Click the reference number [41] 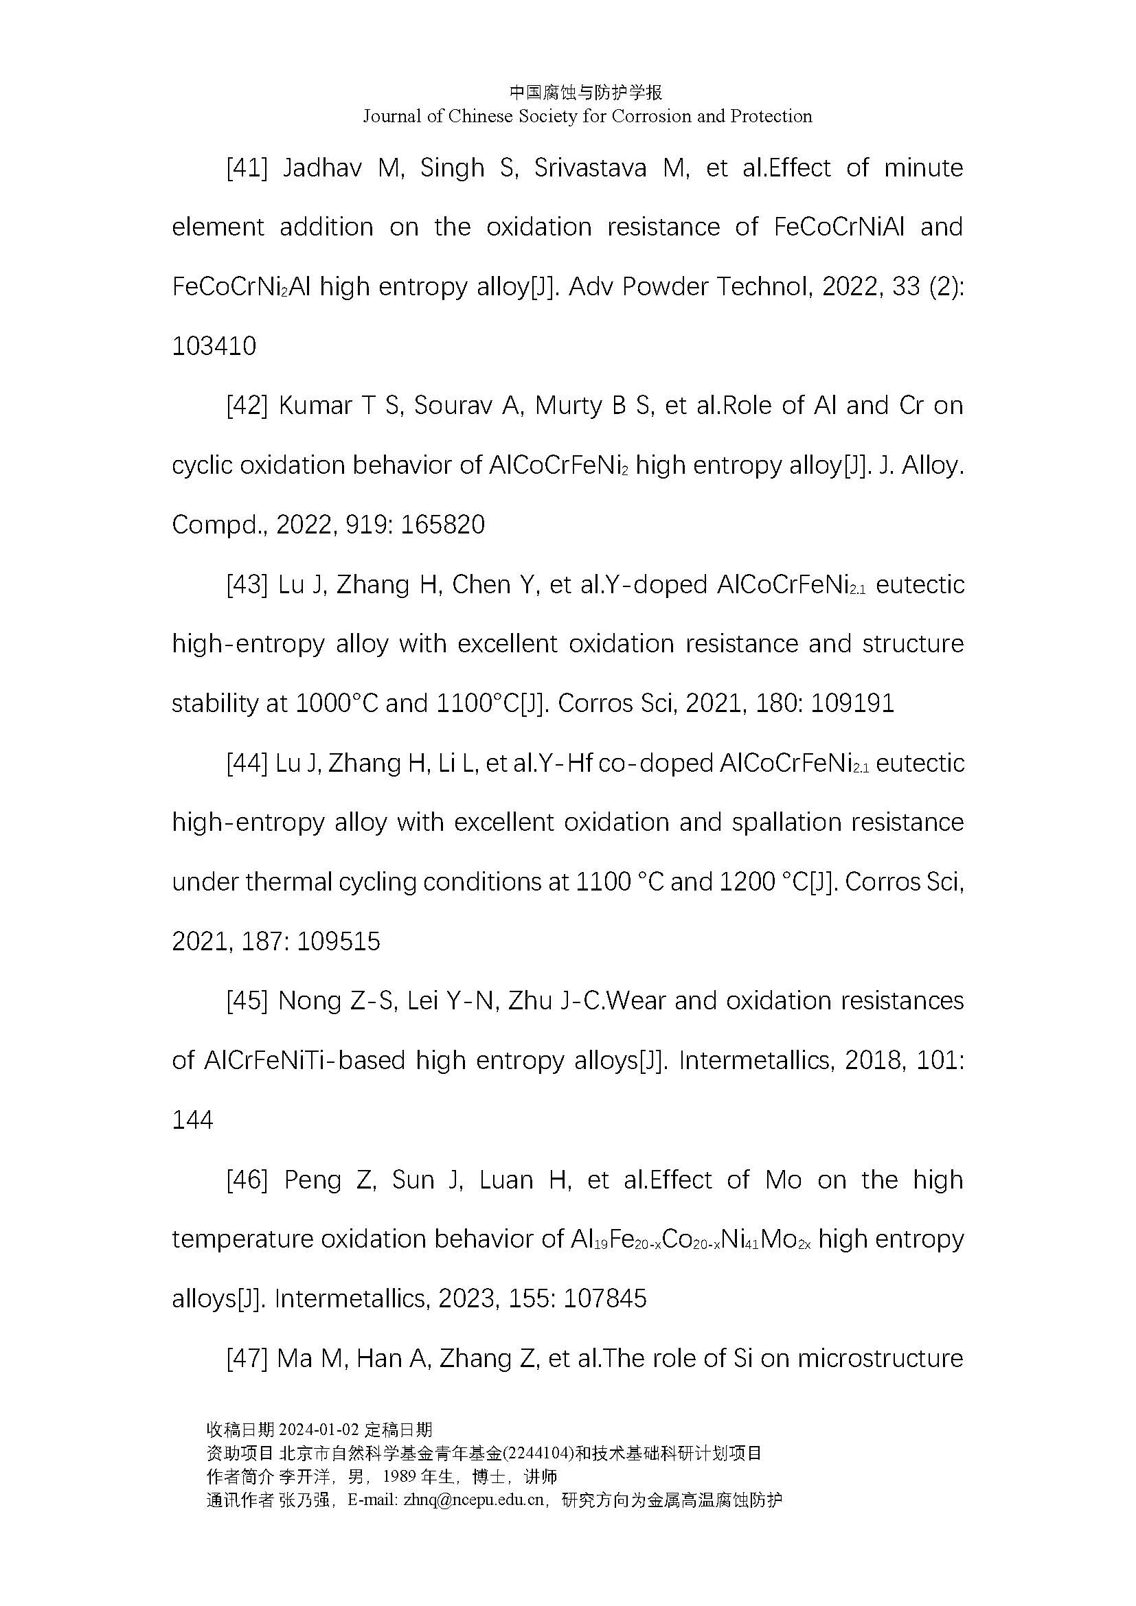(247, 169)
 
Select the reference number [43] (247, 585)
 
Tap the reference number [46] (247, 1180)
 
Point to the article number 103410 (214, 346)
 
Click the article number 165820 (443, 525)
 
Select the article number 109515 (339, 941)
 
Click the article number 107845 (604, 1299)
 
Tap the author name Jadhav (321, 169)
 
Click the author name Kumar (315, 406)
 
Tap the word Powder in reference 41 (666, 287)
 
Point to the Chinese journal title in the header (586, 92)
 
